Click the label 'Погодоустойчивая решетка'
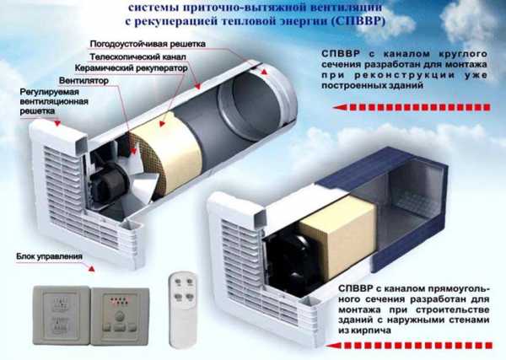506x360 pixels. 148,44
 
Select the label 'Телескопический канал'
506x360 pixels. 137,57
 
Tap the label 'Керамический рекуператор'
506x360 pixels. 131,68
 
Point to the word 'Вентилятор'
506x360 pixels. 83,80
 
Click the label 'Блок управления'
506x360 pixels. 49,257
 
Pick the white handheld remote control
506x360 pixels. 183,309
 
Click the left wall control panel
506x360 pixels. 62,315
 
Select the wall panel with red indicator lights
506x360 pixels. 120,316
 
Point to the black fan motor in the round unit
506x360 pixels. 108,179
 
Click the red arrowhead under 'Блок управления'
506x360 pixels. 91,268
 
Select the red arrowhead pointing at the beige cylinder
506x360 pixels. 162,123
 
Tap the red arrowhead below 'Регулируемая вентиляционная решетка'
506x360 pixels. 57,123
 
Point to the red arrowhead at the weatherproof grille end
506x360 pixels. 264,73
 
